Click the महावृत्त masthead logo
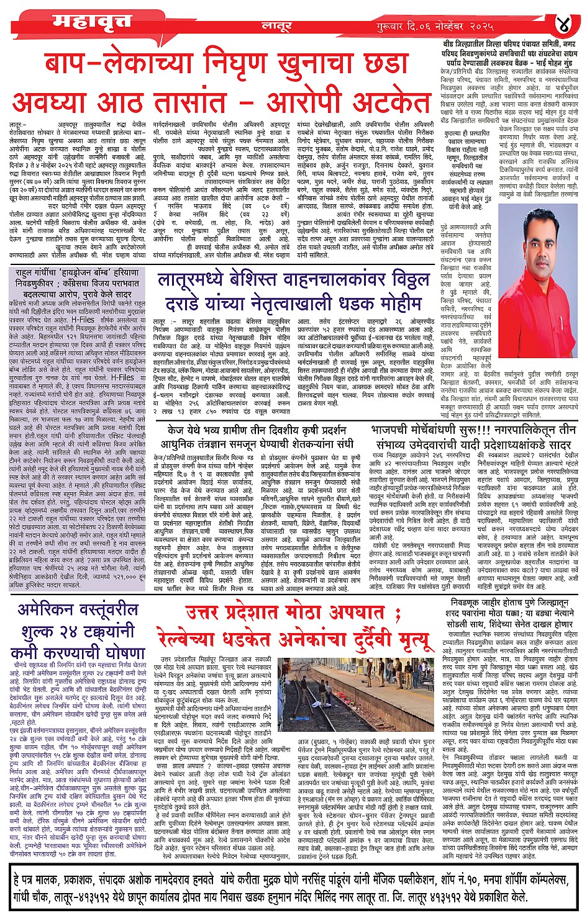(91, 22)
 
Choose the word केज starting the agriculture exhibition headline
(176, 430)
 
